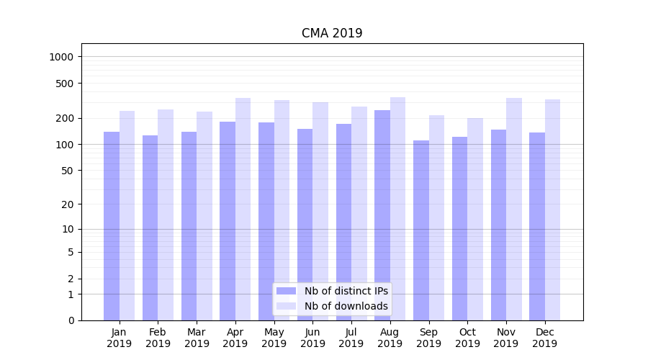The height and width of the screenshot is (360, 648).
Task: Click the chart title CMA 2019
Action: (x=332, y=34)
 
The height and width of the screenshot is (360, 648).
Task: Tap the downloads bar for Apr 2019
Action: (x=243, y=209)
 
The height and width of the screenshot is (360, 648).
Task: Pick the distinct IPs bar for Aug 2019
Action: (x=382, y=215)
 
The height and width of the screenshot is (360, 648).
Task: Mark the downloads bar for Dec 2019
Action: (x=552, y=210)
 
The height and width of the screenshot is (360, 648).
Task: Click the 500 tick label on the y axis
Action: (x=66, y=84)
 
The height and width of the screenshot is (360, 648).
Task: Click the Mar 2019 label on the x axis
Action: (x=197, y=338)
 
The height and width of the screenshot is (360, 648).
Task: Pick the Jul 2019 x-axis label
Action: (x=351, y=338)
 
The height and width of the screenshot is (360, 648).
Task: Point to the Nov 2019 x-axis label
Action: (x=506, y=338)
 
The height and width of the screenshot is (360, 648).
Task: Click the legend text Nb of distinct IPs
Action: (x=346, y=291)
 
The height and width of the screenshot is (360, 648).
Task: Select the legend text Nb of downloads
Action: (x=346, y=306)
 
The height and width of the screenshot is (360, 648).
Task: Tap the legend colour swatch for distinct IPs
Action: (x=287, y=291)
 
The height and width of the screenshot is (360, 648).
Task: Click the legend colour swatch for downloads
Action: (x=287, y=306)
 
